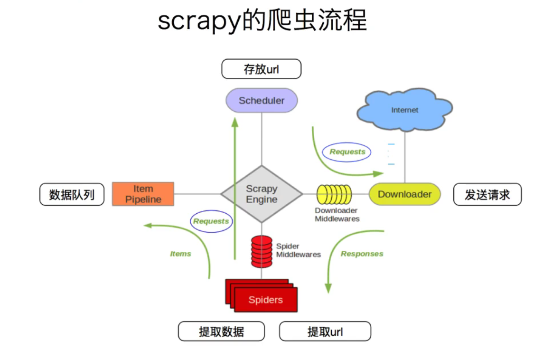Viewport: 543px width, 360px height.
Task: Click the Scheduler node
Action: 262,101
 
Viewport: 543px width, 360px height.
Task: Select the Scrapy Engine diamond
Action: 262,194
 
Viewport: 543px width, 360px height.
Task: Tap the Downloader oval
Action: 404,194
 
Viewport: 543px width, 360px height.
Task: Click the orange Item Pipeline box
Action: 143,194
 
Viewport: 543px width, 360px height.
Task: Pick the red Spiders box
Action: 265,299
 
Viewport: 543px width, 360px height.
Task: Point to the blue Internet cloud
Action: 404,110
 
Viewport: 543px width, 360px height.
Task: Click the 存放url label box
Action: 261,69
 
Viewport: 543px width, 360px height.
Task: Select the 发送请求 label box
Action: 487,194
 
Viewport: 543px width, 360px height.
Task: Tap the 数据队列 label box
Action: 72,194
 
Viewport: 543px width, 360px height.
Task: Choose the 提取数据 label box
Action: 221,331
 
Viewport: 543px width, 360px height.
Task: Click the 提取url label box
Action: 325,331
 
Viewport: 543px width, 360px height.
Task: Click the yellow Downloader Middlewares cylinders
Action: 334,194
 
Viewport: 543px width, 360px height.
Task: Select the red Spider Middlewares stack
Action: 262,251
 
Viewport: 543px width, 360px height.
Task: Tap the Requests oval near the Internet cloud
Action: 347,152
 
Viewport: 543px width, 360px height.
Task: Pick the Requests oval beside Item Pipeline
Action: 211,221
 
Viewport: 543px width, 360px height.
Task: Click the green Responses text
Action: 362,254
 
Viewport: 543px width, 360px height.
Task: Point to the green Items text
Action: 180,254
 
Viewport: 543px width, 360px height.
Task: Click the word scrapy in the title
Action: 199,21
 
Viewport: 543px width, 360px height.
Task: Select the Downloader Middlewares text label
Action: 337,215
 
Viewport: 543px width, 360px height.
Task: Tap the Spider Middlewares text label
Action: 298,251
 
